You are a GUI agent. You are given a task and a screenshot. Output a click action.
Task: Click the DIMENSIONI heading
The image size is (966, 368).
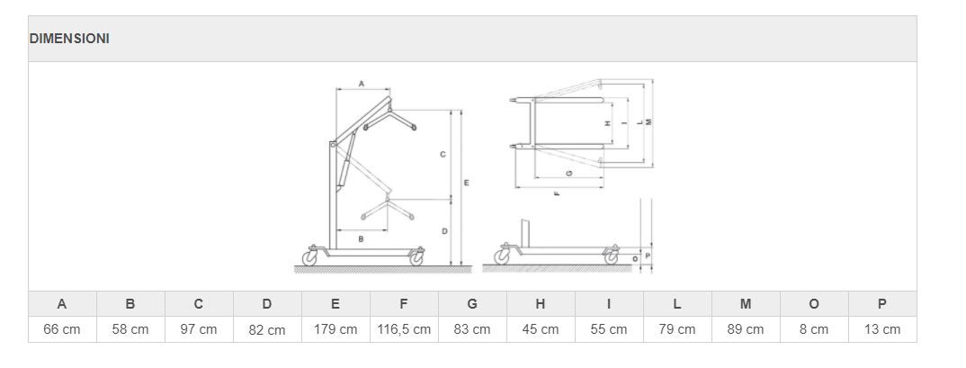[69, 38]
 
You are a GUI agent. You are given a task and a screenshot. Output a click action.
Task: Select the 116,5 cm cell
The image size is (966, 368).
[404, 329]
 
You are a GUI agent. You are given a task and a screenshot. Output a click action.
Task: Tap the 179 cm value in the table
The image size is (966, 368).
[335, 329]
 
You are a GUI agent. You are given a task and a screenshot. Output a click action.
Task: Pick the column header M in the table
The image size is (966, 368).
[746, 304]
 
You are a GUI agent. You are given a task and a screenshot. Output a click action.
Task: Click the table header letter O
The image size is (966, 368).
[814, 304]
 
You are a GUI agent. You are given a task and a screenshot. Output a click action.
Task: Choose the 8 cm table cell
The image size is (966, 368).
[814, 329]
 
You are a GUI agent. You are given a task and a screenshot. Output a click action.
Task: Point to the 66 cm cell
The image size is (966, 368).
[61, 329]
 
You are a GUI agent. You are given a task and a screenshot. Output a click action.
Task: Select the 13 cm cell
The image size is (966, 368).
[882, 329]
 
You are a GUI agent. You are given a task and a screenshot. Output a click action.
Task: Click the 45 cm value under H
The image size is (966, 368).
[541, 329]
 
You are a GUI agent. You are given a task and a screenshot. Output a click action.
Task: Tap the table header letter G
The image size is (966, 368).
[472, 304]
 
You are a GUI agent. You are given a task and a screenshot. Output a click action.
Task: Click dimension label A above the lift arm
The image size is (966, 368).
[362, 83]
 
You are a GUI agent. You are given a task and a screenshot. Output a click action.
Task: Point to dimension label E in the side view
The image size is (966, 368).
[467, 183]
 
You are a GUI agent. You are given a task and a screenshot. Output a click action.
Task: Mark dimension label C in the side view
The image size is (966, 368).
[443, 155]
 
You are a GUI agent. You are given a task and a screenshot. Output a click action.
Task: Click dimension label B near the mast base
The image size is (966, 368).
[361, 238]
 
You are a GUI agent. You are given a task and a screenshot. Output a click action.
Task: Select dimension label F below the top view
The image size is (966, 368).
[557, 193]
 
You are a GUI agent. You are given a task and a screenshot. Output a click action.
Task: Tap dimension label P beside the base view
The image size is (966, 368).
[648, 254]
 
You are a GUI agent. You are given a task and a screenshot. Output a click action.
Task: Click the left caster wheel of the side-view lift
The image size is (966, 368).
[309, 257]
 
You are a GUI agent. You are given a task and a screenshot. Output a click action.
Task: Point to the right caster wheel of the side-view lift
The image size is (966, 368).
[417, 258]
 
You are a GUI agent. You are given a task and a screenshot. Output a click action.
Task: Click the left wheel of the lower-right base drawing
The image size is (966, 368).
[503, 257]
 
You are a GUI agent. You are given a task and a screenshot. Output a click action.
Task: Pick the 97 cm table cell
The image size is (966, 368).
[199, 329]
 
